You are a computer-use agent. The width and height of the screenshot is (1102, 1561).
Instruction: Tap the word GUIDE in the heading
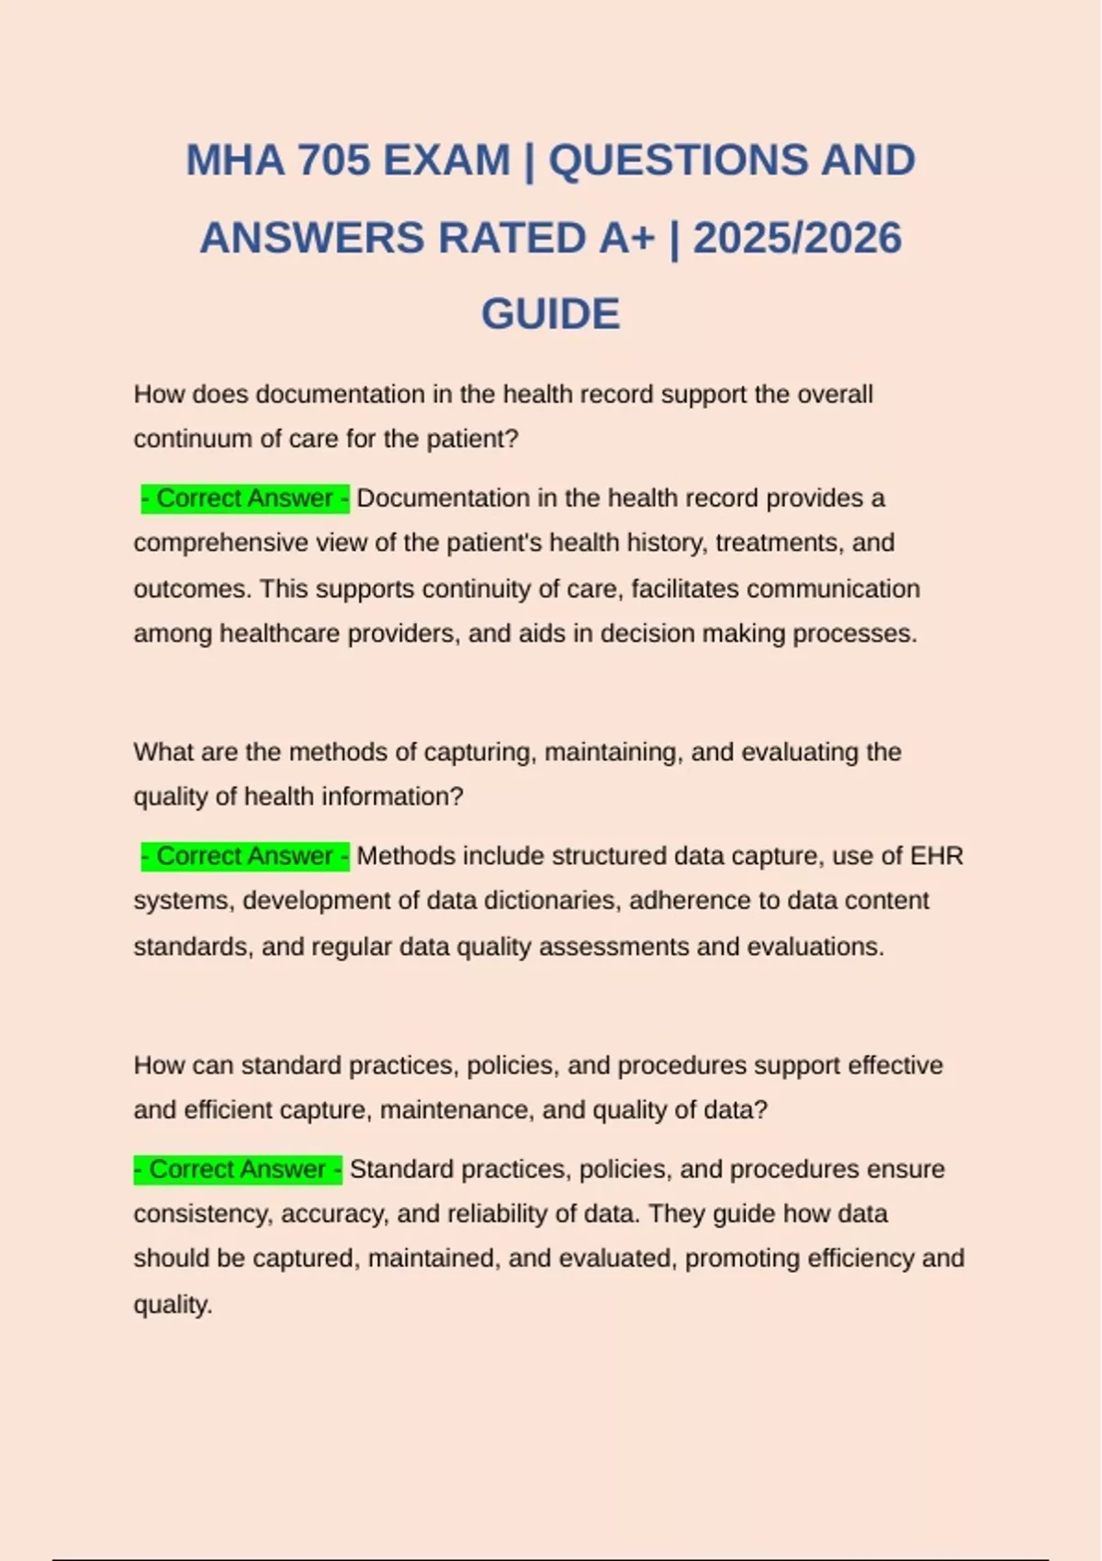tap(550, 315)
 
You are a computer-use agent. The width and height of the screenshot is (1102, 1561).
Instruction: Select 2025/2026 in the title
tap(797, 239)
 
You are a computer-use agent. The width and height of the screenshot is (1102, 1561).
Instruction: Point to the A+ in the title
tap(627, 239)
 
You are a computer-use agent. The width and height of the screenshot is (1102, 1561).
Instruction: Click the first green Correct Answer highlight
tap(245, 499)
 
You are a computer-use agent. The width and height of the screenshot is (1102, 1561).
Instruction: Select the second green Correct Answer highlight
tap(245, 857)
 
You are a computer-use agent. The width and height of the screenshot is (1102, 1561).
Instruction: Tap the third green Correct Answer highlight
tap(238, 1170)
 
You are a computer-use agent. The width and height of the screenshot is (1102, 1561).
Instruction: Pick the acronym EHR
tap(936, 857)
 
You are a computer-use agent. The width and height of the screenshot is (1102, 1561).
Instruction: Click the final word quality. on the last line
tap(173, 1305)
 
